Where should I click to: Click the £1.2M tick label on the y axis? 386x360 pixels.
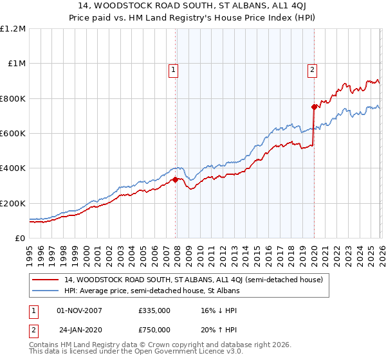[x=13, y=29]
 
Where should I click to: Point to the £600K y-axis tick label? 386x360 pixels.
[x=13, y=134]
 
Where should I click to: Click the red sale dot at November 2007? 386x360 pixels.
[x=175, y=180]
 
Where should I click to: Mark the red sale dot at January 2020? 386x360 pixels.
[x=314, y=107]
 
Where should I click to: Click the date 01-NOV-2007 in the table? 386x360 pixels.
[x=80, y=310]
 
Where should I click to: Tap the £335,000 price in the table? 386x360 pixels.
[x=154, y=310]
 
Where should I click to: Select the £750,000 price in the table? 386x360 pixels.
[x=154, y=328]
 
